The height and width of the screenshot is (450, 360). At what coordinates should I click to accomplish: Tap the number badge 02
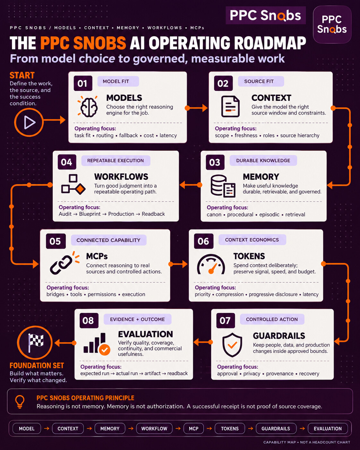click(223, 83)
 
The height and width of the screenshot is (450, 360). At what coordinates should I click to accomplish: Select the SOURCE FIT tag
click(261, 81)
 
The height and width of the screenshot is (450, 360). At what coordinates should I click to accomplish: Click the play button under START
click(29, 122)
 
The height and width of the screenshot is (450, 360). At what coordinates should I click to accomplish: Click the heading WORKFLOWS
click(121, 177)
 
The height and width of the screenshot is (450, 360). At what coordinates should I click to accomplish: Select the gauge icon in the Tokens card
click(211, 264)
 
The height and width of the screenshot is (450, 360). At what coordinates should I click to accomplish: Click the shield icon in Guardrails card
click(232, 345)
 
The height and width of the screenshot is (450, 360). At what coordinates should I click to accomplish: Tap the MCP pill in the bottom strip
click(193, 428)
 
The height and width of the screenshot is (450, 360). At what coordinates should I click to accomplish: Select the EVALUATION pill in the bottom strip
click(328, 428)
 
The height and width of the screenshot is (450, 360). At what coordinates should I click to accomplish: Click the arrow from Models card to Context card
click(196, 108)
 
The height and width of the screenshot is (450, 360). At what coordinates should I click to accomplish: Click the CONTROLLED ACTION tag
click(272, 319)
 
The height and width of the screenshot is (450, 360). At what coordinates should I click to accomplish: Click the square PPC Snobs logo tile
click(332, 24)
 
